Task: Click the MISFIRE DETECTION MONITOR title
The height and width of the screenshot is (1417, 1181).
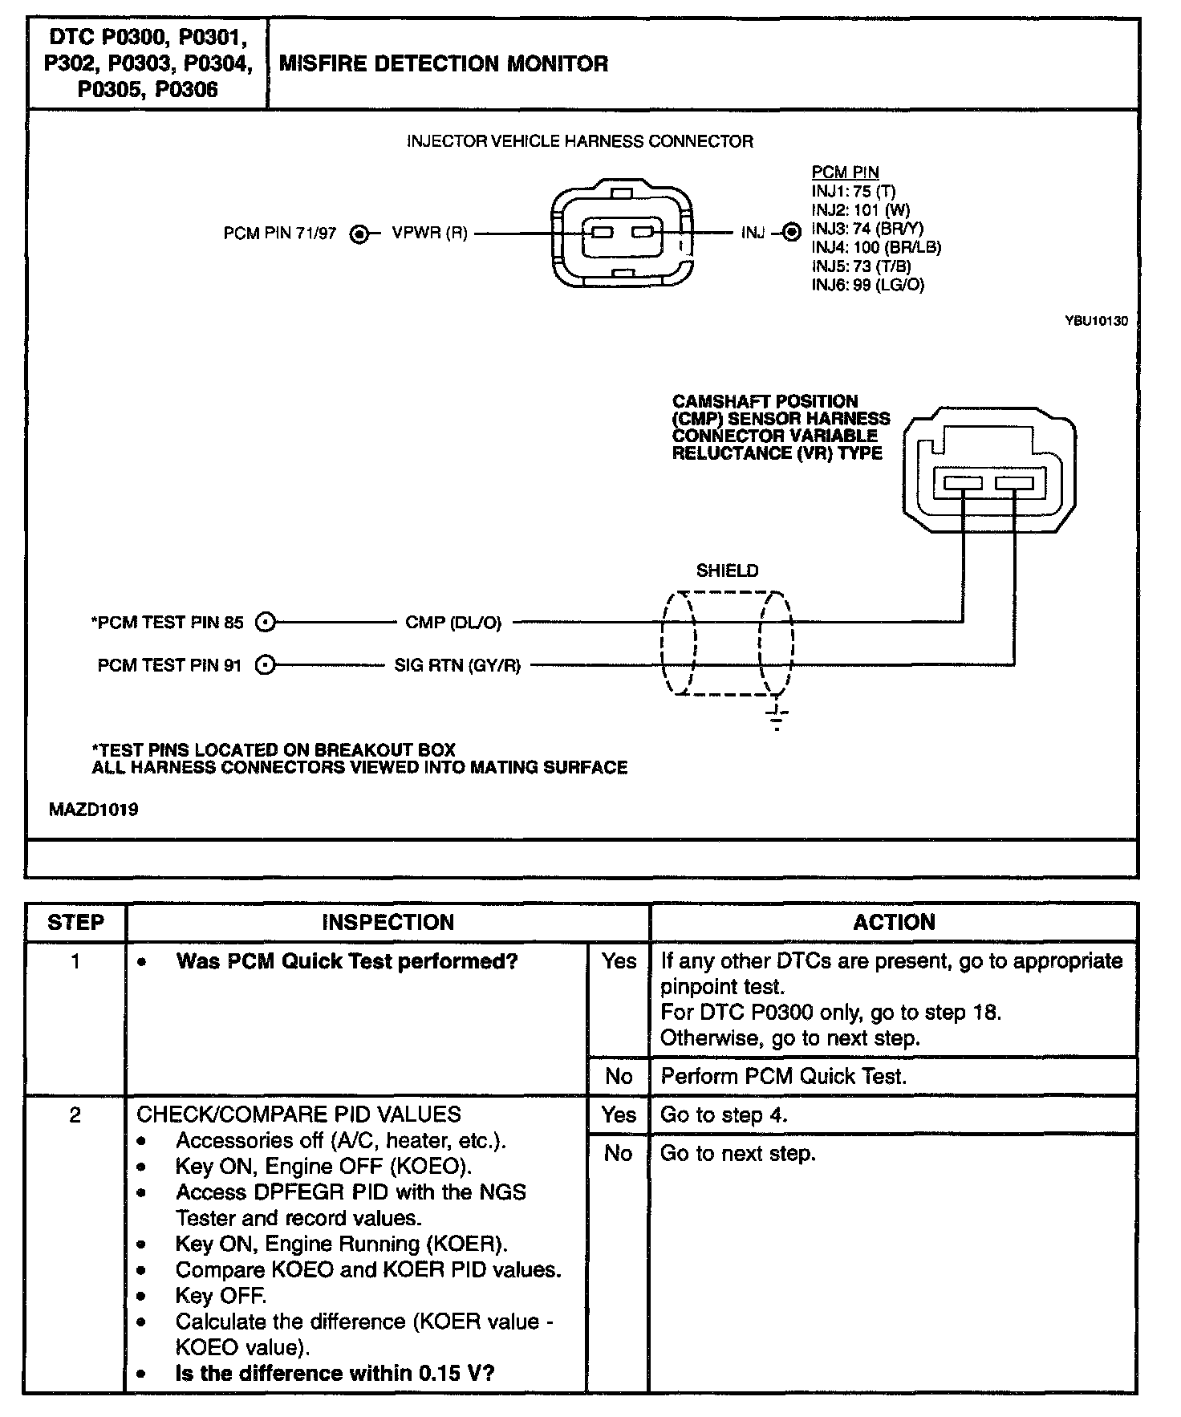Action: click(443, 64)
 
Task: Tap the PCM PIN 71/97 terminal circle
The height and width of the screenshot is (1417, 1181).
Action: click(361, 234)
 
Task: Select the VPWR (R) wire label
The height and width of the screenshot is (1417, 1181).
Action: click(429, 233)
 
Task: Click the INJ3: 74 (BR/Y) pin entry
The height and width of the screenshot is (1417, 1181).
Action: click(867, 229)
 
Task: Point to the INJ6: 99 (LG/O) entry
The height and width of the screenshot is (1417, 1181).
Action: click(867, 285)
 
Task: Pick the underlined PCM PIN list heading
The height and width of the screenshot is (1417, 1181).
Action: click(845, 173)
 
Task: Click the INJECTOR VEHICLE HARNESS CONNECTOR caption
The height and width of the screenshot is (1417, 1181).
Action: click(579, 142)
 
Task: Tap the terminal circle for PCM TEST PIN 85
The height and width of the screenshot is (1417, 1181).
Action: click(265, 622)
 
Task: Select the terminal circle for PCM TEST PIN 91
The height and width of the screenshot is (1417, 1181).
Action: click(265, 665)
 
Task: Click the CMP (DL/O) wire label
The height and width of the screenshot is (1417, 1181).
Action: click(453, 623)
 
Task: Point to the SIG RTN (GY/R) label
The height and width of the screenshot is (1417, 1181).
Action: click(457, 665)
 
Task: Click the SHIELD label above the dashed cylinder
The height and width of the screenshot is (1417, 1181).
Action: click(727, 570)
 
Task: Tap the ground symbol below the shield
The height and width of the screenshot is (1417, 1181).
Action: click(777, 719)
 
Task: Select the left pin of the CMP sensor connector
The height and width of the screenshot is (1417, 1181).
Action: click(963, 484)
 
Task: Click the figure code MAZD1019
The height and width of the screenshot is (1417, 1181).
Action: click(93, 810)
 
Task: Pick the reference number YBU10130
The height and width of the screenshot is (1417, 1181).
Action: click(1096, 321)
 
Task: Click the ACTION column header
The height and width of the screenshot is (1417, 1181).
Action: click(894, 922)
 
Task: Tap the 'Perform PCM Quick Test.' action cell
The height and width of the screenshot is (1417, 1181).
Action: click(783, 1076)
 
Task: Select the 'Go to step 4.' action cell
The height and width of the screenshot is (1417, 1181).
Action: click(724, 1115)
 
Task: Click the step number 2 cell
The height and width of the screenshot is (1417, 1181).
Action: click(75, 1115)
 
